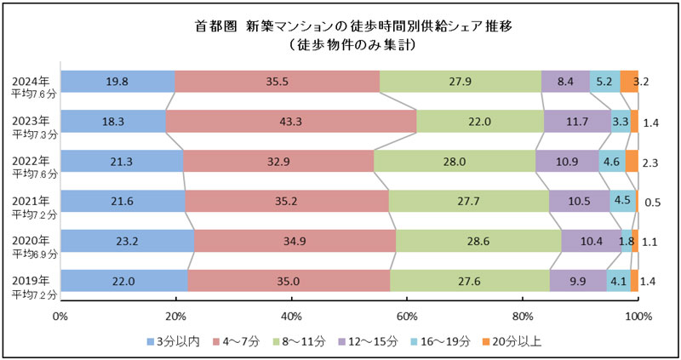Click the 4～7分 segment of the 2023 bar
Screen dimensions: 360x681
tap(291, 122)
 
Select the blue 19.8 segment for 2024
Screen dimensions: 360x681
tap(117, 82)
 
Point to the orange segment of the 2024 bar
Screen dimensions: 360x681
tap(629, 82)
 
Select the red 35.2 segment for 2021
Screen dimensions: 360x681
tap(287, 202)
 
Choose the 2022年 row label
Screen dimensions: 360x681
tap(30, 157)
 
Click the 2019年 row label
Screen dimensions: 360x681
tap(30, 277)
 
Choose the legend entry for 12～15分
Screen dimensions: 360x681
tap(374, 342)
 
